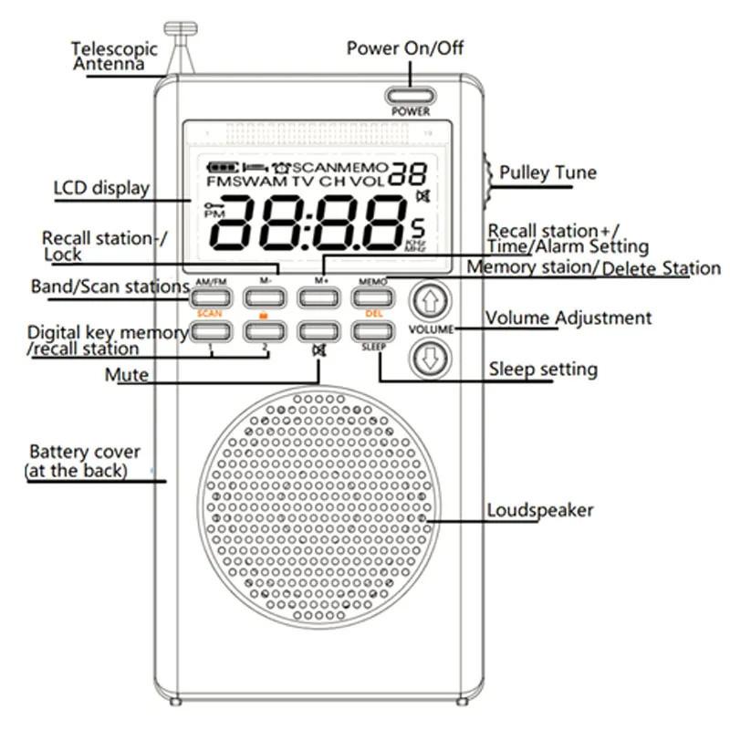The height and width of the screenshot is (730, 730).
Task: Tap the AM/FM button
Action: coord(210,297)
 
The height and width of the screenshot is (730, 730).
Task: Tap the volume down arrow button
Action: coord(431,358)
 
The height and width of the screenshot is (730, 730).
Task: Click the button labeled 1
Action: coord(210,331)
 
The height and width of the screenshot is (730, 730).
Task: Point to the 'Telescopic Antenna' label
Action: coord(114,57)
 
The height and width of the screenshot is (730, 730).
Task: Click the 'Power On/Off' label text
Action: coord(404,47)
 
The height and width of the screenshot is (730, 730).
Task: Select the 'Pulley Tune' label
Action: coord(547,172)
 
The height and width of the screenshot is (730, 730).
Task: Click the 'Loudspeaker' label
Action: coord(539,510)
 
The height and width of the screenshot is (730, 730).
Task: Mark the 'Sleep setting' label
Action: coord(543,370)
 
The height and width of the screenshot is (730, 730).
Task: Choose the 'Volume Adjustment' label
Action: coord(568,318)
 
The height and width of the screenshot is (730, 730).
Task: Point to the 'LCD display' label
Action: coord(101,188)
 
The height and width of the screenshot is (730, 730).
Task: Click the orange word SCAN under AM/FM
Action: coord(210,314)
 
